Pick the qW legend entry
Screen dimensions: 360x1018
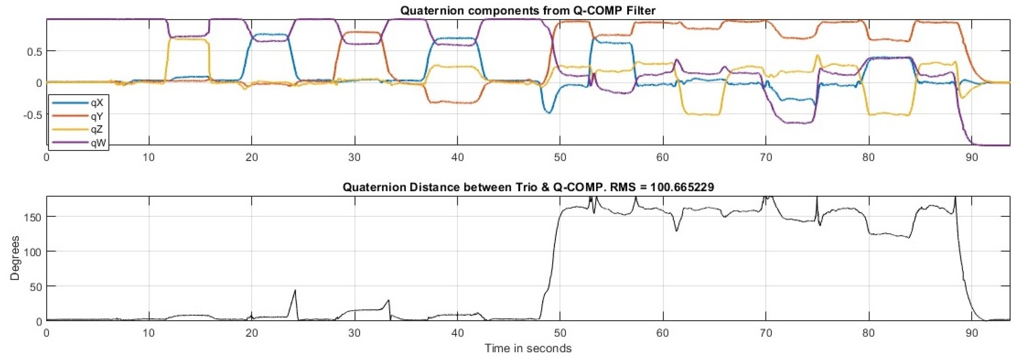97,143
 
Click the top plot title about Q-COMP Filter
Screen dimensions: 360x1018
528,11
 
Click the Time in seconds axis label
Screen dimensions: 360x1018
528,348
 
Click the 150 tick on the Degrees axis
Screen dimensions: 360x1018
34,217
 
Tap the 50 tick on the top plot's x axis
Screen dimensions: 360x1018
560,157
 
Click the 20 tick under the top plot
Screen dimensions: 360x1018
252,157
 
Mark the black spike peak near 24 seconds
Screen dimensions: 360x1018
295,290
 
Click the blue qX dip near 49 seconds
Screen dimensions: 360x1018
548,113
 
